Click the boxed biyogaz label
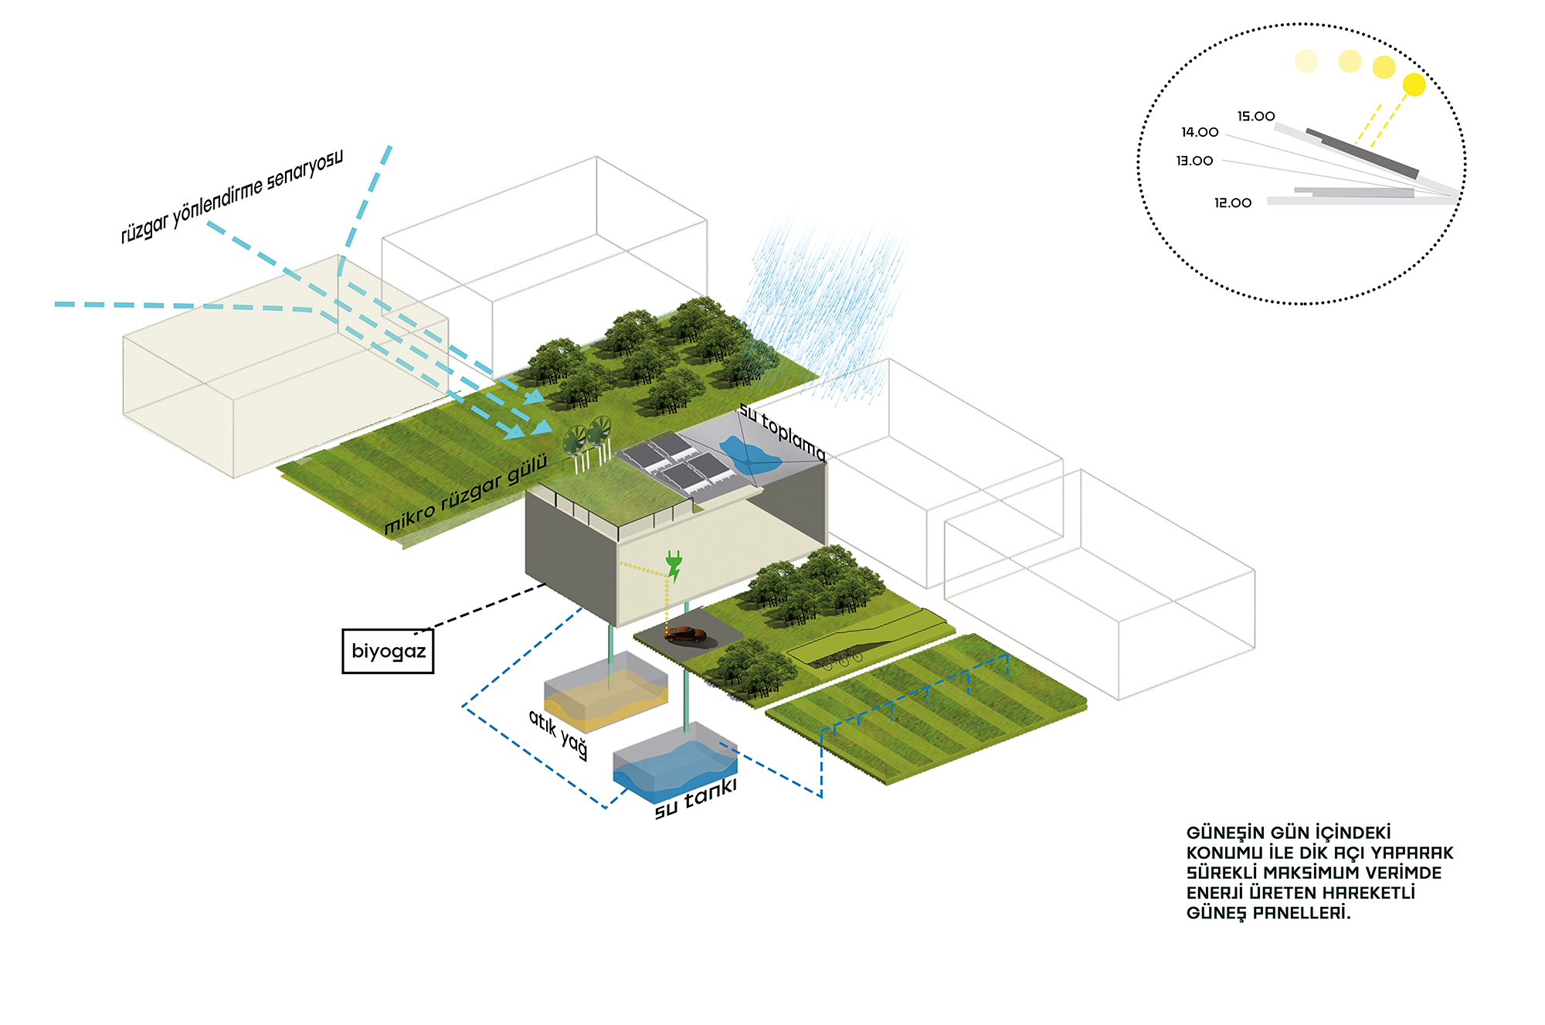388,651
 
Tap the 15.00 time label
1256,117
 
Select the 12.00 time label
1233,203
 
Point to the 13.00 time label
1195,161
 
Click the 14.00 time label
1200,133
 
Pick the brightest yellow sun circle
1414,84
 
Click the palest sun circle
1306,61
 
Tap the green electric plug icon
674,566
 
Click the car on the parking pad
686,635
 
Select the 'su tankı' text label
696,799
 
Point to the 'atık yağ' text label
559,734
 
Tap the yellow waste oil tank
606,692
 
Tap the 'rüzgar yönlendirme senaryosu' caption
232,197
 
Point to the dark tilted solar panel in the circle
1363,152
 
